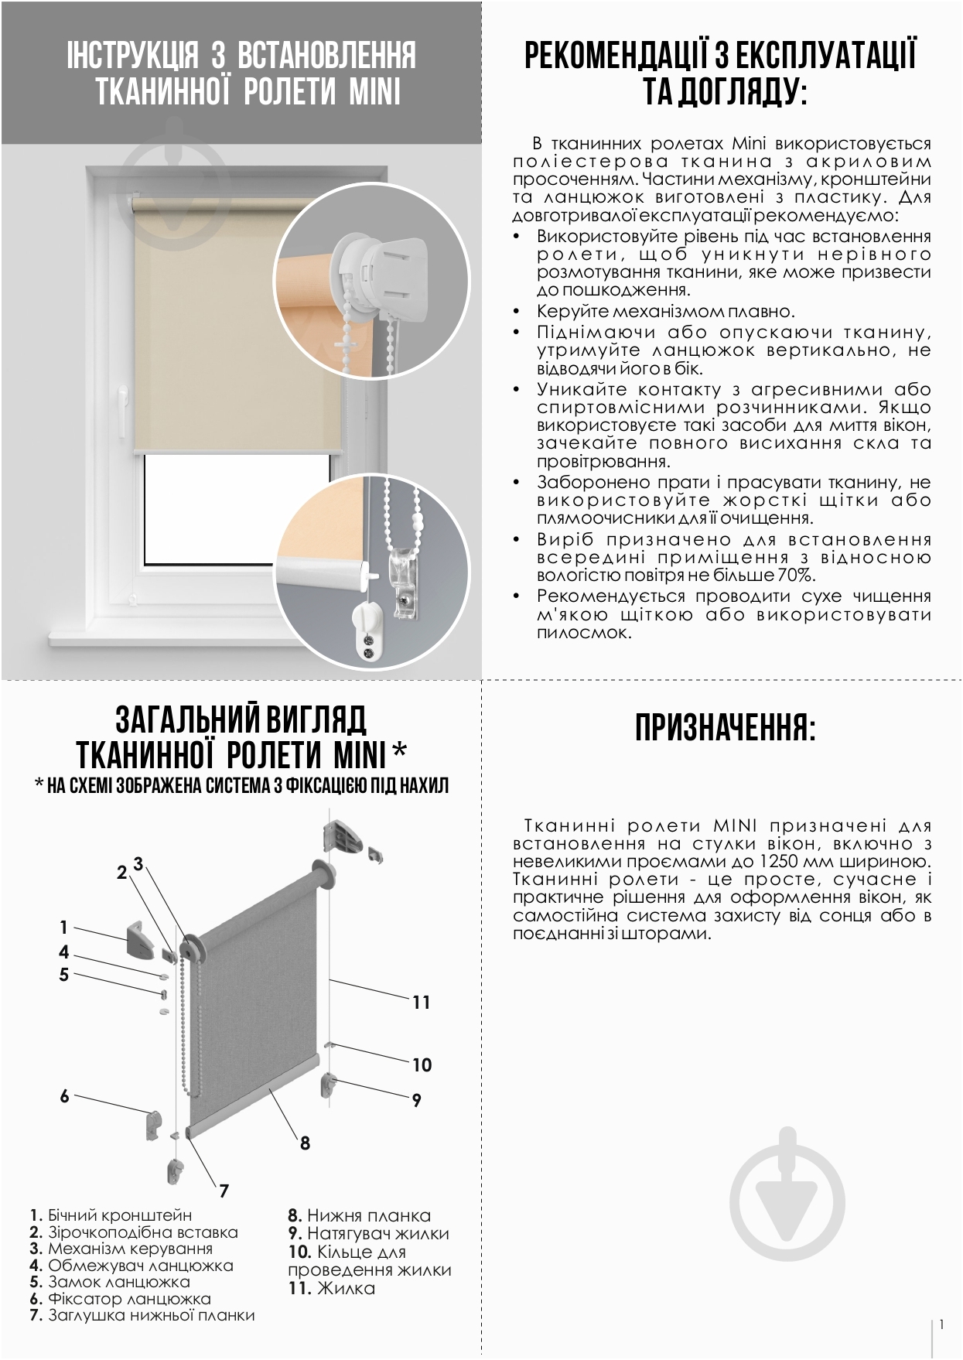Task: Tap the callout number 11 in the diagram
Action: pyautogui.click(x=421, y=1003)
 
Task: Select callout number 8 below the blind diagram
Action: pyautogui.click(x=305, y=1143)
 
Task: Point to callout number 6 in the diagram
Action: pyautogui.click(x=64, y=1095)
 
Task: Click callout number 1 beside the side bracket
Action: pyautogui.click(x=64, y=927)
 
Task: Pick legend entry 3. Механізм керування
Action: pyautogui.click(x=121, y=1249)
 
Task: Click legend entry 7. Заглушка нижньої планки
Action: pyautogui.click(x=142, y=1315)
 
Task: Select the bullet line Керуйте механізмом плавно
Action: pyautogui.click(x=665, y=312)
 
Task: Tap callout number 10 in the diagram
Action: pyautogui.click(x=422, y=1065)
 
